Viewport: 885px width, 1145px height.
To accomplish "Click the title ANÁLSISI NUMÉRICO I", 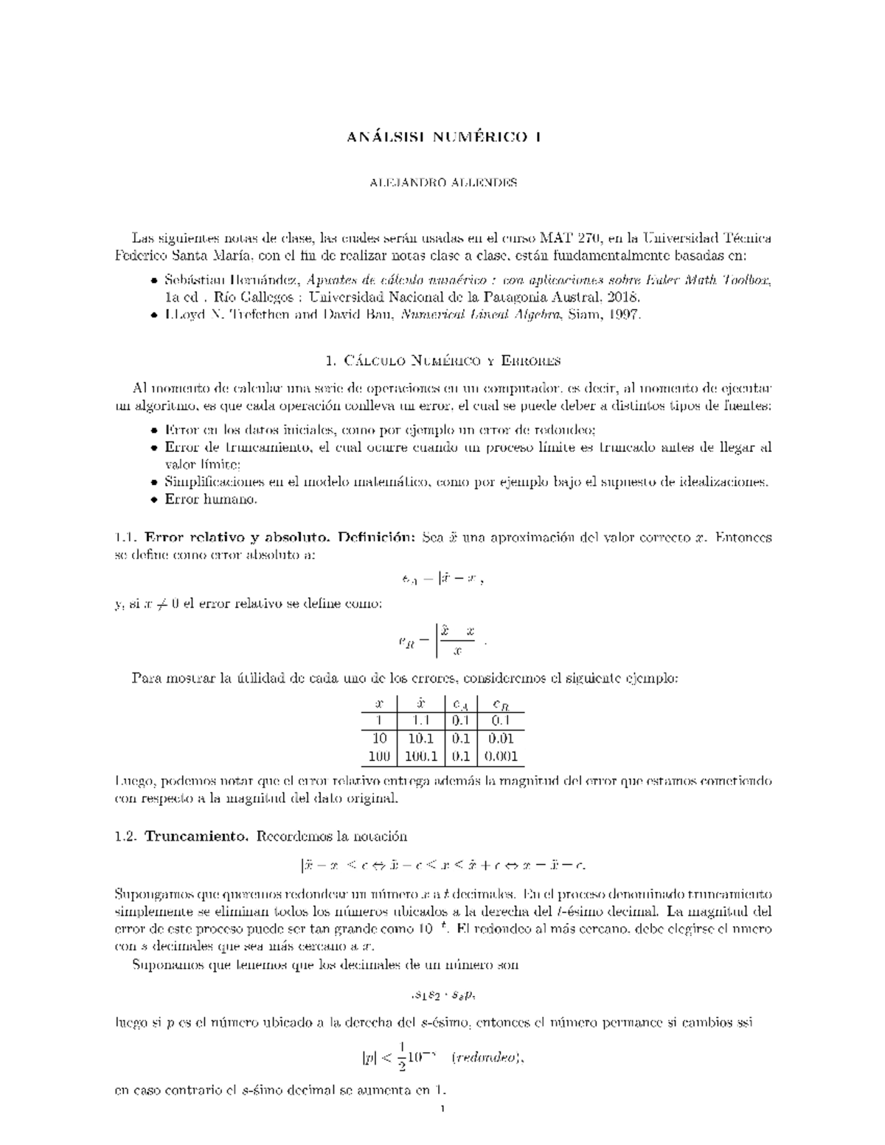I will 442,137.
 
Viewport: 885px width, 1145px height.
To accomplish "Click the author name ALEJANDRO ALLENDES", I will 442,183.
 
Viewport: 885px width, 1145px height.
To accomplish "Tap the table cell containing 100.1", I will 421,756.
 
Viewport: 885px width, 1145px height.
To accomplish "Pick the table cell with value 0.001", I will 501,756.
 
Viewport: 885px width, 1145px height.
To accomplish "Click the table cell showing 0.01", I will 501,738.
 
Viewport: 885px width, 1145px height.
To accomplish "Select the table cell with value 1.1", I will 422,721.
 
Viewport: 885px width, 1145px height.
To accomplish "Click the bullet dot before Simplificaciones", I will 153,483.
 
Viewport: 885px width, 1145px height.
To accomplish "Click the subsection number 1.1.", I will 125,537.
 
